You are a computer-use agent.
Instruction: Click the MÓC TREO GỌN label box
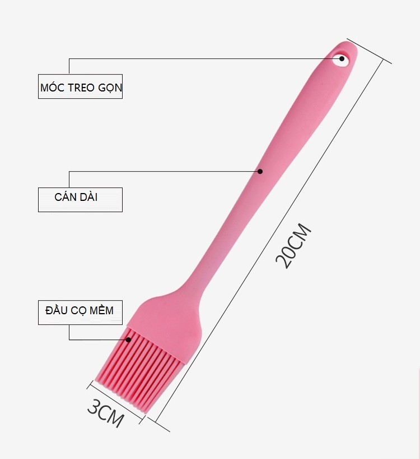[x=80, y=86]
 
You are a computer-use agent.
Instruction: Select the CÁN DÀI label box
[x=80, y=200]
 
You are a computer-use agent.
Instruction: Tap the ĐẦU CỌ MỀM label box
[x=80, y=313]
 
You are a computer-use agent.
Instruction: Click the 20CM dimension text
[x=293, y=246]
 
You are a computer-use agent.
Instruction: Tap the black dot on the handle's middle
[x=260, y=171]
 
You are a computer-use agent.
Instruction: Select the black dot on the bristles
[x=128, y=339]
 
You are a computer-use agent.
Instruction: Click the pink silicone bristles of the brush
[x=140, y=370]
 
